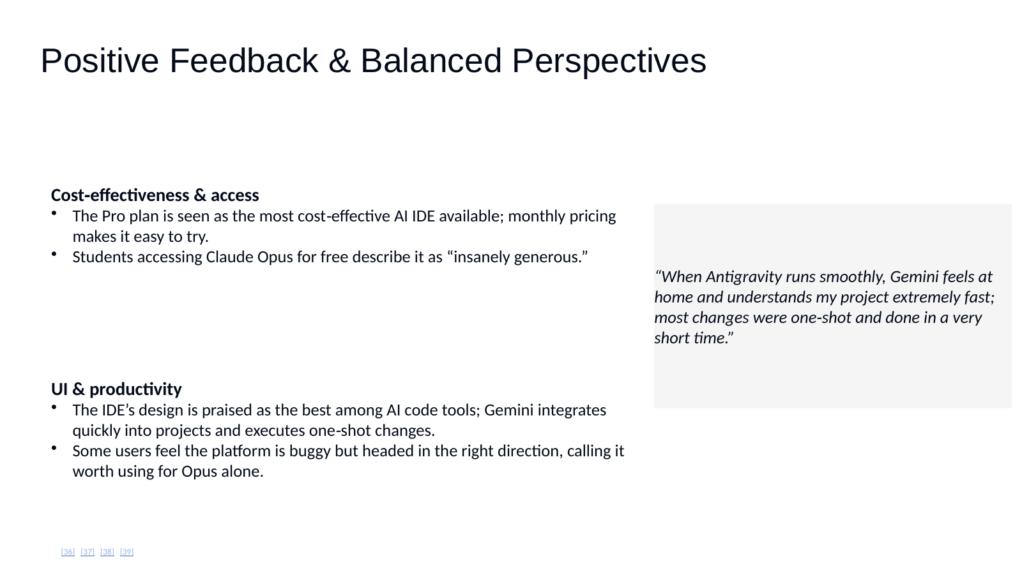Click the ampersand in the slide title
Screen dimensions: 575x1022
(x=339, y=61)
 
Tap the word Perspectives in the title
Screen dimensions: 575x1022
(x=609, y=61)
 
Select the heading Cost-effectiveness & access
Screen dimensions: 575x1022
(x=155, y=195)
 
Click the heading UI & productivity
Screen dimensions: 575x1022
(x=116, y=389)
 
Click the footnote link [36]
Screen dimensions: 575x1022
(x=68, y=551)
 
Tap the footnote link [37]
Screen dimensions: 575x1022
(x=88, y=551)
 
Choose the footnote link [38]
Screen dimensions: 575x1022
(x=107, y=551)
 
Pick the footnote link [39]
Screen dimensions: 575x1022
(x=127, y=551)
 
